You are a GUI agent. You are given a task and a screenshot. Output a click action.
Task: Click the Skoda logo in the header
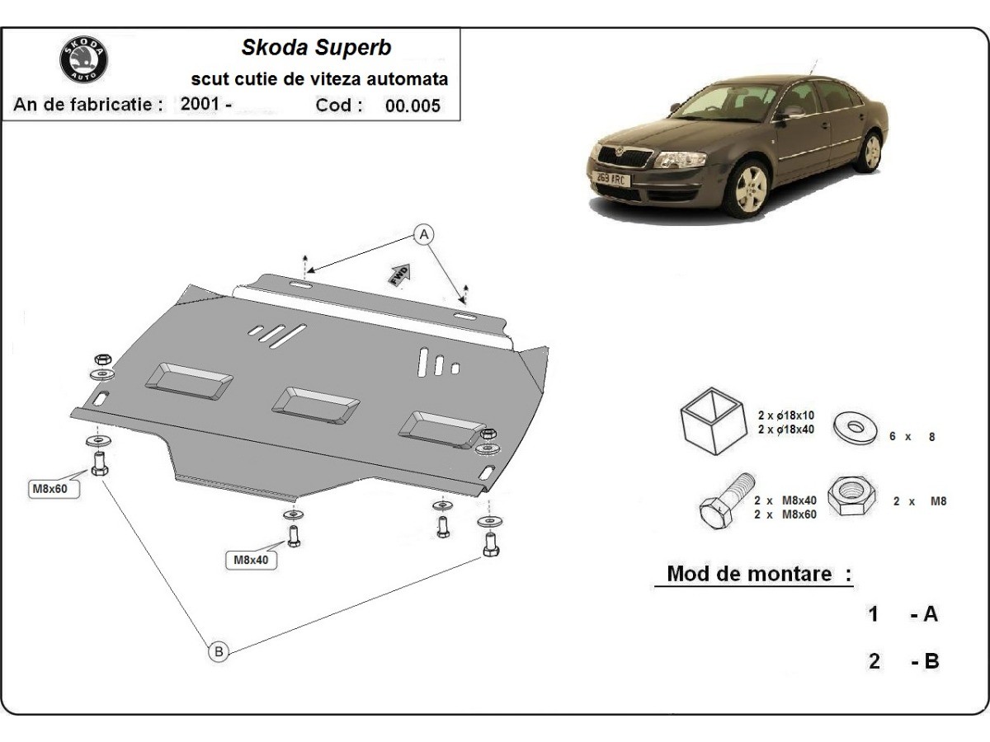(84, 60)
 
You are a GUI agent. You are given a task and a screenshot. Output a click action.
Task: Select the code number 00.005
(412, 106)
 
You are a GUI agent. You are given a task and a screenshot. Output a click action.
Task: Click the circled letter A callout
(423, 235)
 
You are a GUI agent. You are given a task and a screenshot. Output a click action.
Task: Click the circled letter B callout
(219, 651)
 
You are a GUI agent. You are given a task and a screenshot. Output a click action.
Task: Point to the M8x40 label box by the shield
(251, 559)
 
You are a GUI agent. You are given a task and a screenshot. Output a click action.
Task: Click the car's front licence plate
(612, 178)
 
